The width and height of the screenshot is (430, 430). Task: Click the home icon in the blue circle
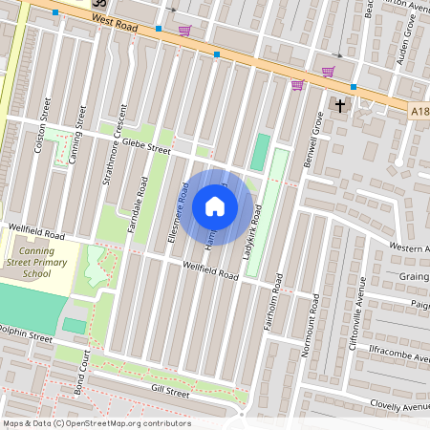tap(215, 206)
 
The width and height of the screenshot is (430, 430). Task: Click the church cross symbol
tap(340, 104)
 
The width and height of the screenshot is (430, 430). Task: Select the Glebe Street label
tap(146, 145)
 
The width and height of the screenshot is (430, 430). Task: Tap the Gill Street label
tap(171, 392)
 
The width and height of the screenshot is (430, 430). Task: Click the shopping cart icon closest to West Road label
tap(183, 31)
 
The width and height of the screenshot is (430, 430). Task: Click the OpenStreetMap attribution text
tap(97, 423)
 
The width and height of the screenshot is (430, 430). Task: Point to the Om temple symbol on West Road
tap(97, 4)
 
